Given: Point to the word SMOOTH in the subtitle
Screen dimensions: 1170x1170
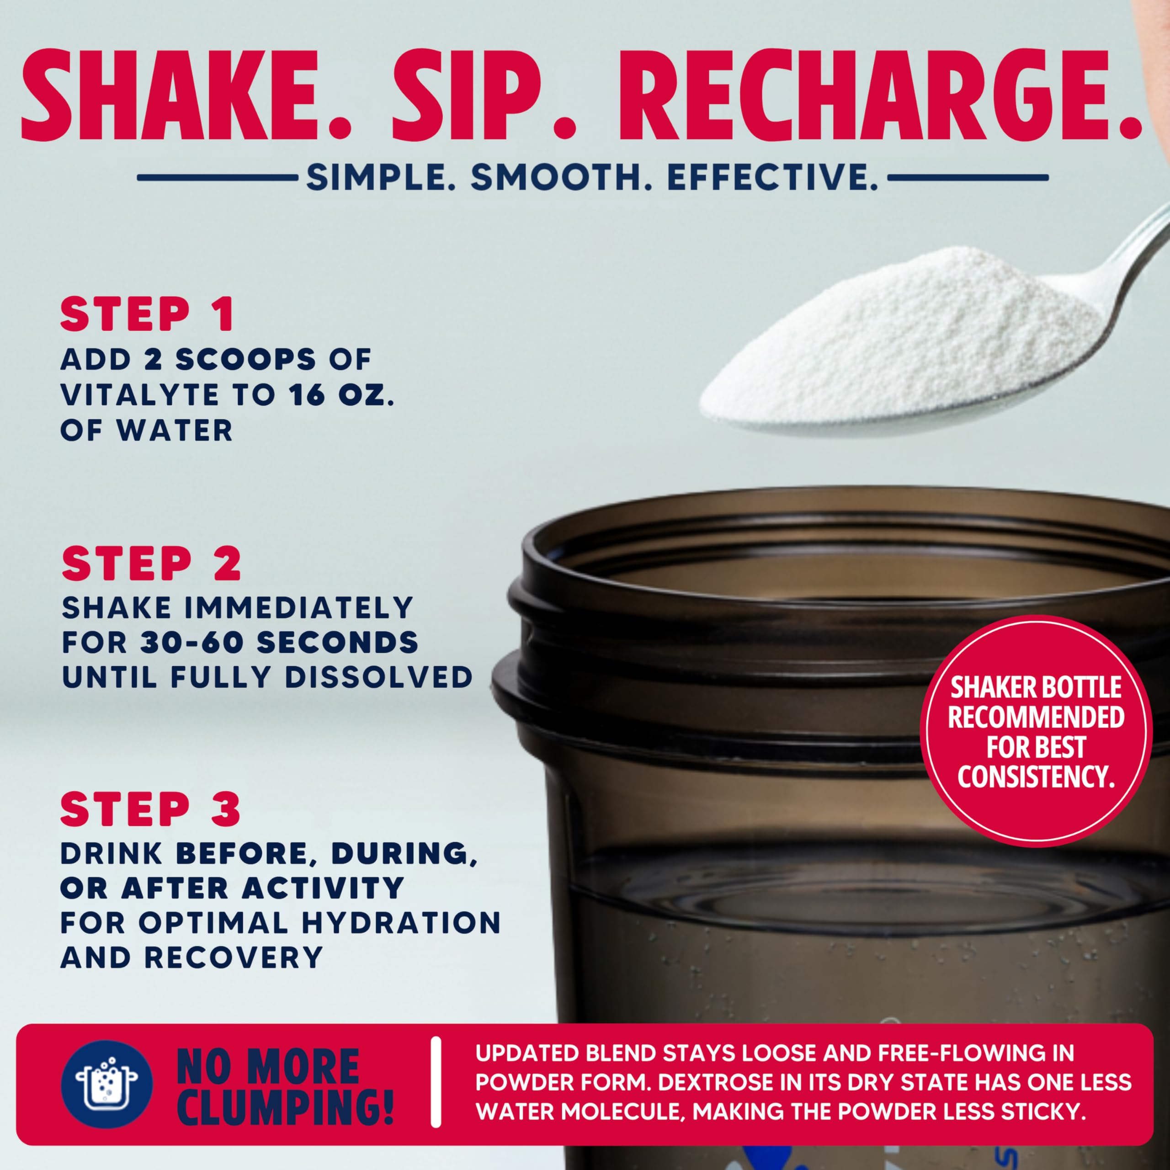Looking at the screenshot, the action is coord(561,178).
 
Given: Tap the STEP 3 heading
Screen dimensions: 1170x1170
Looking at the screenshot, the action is coord(151,809).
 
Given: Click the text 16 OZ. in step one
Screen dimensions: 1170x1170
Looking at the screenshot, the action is coord(341,395).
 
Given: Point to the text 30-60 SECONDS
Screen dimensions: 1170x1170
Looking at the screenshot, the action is coord(279,643).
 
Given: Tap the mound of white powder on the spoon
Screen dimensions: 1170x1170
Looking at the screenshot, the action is coord(902,345).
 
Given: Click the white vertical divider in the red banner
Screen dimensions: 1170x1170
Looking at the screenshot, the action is coord(436,1082).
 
